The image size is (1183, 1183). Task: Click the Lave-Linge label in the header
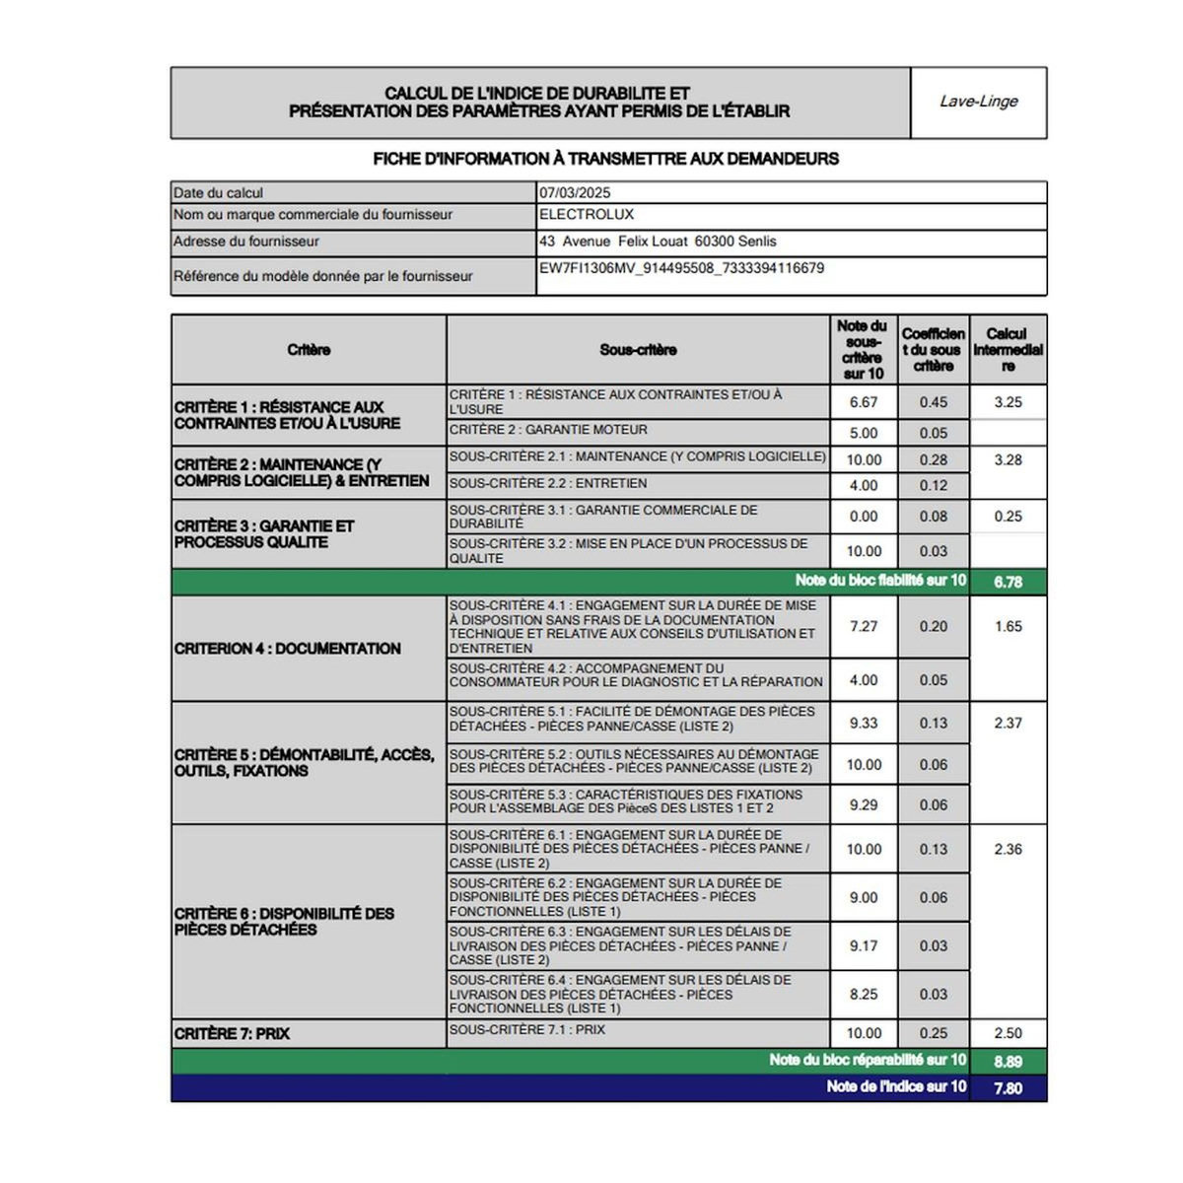coord(978,102)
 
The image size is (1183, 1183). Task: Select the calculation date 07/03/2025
coord(576,193)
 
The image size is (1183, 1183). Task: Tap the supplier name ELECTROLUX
coord(587,215)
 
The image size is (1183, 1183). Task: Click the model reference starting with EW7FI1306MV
coord(681,268)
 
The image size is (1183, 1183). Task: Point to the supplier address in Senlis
coord(658,242)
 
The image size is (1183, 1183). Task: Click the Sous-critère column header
coord(638,350)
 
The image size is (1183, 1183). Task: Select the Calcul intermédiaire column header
coord(1008,350)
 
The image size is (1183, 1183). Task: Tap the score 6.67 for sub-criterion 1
coord(864,402)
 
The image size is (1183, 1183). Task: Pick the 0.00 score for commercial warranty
coord(864,517)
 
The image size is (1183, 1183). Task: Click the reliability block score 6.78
coord(1008,582)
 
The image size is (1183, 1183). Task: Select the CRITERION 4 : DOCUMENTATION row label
coord(288,649)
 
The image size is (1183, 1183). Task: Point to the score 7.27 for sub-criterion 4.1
coord(864,627)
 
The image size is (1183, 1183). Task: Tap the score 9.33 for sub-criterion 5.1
coord(864,724)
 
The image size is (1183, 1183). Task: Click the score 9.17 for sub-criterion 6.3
coord(864,946)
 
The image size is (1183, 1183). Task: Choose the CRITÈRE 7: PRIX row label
coord(232,1034)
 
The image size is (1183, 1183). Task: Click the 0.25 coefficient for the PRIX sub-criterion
coord(933,1034)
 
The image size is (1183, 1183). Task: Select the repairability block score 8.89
coord(1008,1062)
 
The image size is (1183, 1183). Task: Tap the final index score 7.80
coord(1008,1088)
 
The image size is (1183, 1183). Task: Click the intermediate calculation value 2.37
coord(1008,724)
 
